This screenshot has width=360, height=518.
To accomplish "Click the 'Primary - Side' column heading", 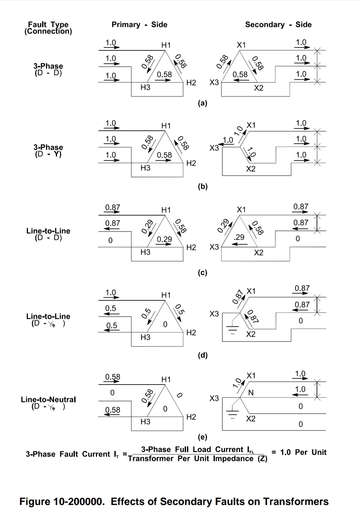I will click(139, 25).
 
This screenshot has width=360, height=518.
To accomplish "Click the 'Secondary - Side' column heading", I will click(278, 25).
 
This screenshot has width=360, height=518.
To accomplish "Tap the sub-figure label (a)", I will click(203, 103).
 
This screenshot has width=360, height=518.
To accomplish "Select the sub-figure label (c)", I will click(203, 273).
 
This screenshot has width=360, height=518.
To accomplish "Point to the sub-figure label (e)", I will click(203, 437).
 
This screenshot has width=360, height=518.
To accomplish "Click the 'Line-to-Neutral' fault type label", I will click(48, 400).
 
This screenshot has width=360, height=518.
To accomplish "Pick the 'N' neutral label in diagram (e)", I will click(250, 393).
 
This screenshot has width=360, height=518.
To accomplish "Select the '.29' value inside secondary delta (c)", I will click(239, 237).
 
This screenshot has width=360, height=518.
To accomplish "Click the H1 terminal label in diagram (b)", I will click(166, 126).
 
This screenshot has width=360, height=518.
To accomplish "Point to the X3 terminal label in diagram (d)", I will click(214, 314).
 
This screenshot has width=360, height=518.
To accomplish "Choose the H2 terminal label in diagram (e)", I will click(191, 417).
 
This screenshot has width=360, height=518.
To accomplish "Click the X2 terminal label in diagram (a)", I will click(259, 88).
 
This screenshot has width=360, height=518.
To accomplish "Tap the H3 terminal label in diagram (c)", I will click(145, 252).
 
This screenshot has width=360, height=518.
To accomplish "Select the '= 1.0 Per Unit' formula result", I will click(299, 452).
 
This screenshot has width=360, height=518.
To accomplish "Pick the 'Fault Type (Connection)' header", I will click(48, 28).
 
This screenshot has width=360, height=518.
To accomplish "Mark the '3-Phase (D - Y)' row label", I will click(48, 151).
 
